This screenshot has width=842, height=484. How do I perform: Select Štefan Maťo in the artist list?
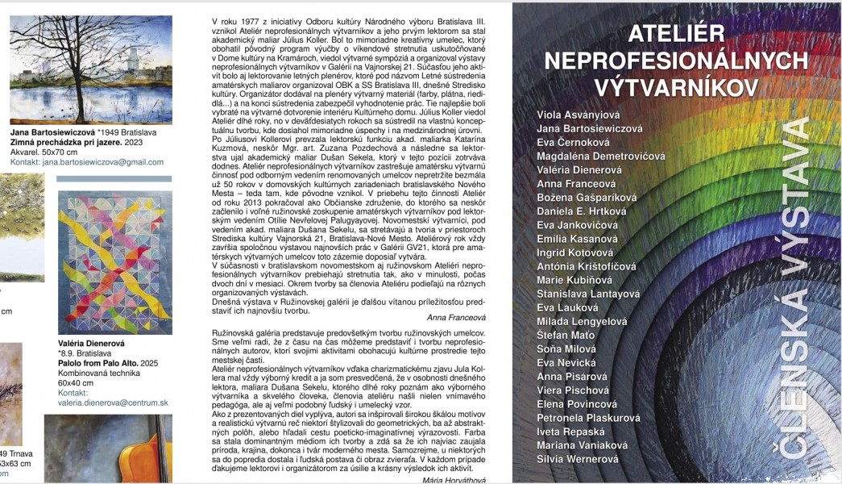click(x=566, y=335)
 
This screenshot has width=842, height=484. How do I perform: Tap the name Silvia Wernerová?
click(x=577, y=459)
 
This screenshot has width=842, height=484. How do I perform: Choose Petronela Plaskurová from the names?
click(x=588, y=418)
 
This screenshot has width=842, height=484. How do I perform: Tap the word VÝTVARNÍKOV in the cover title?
click(x=676, y=86)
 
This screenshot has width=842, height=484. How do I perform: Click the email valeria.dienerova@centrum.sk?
click(x=113, y=403)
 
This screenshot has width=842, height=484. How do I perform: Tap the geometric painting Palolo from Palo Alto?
click(x=114, y=262)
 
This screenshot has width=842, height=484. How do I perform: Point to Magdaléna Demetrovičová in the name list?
click(x=600, y=156)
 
